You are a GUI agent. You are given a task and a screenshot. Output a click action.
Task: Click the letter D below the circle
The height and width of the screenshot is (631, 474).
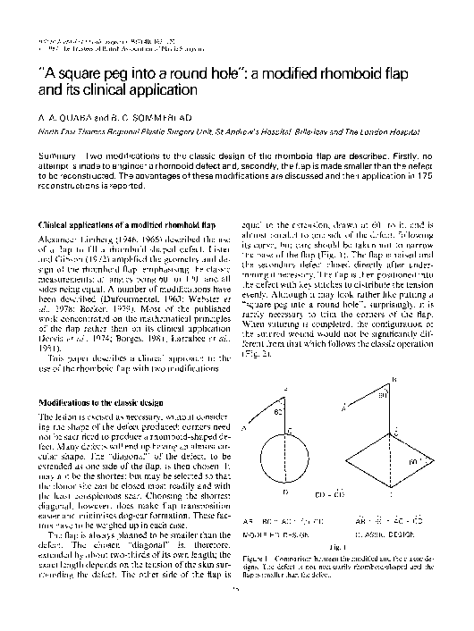point(283,490)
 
